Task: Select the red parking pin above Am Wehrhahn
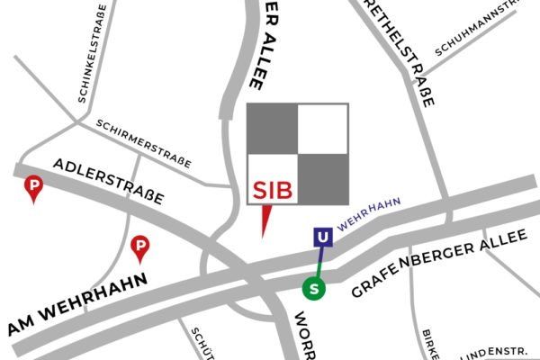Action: [140, 246]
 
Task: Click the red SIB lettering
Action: [272, 191]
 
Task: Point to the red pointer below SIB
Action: [265, 220]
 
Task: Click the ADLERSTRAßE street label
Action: [109, 180]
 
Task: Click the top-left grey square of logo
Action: [272, 129]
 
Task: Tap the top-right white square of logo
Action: [322, 129]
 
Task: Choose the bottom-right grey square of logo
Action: [322, 178]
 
